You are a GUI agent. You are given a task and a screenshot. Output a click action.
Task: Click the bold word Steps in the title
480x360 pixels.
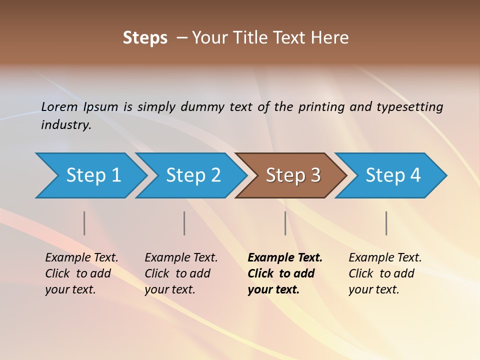tap(145, 38)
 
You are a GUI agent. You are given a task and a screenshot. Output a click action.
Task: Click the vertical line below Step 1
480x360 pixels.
tap(84, 223)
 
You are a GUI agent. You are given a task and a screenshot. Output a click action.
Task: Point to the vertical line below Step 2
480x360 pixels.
tap(184, 223)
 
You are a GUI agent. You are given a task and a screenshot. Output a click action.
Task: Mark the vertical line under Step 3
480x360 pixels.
tap(285, 223)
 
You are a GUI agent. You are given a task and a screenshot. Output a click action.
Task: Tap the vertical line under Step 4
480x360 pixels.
tap(386, 223)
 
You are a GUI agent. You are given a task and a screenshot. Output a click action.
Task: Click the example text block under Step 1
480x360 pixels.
tap(81, 273)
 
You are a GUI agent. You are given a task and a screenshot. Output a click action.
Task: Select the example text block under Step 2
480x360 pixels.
tap(180, 273)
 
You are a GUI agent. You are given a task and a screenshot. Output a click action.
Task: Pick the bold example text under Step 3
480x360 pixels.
tap(284, 273)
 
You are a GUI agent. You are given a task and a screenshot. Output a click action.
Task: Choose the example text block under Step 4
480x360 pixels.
tap(384, 273)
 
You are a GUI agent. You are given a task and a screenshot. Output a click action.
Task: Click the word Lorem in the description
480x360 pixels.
tap(59, 106)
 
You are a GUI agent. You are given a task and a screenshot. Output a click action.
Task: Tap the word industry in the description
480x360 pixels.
tap(66, 124)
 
